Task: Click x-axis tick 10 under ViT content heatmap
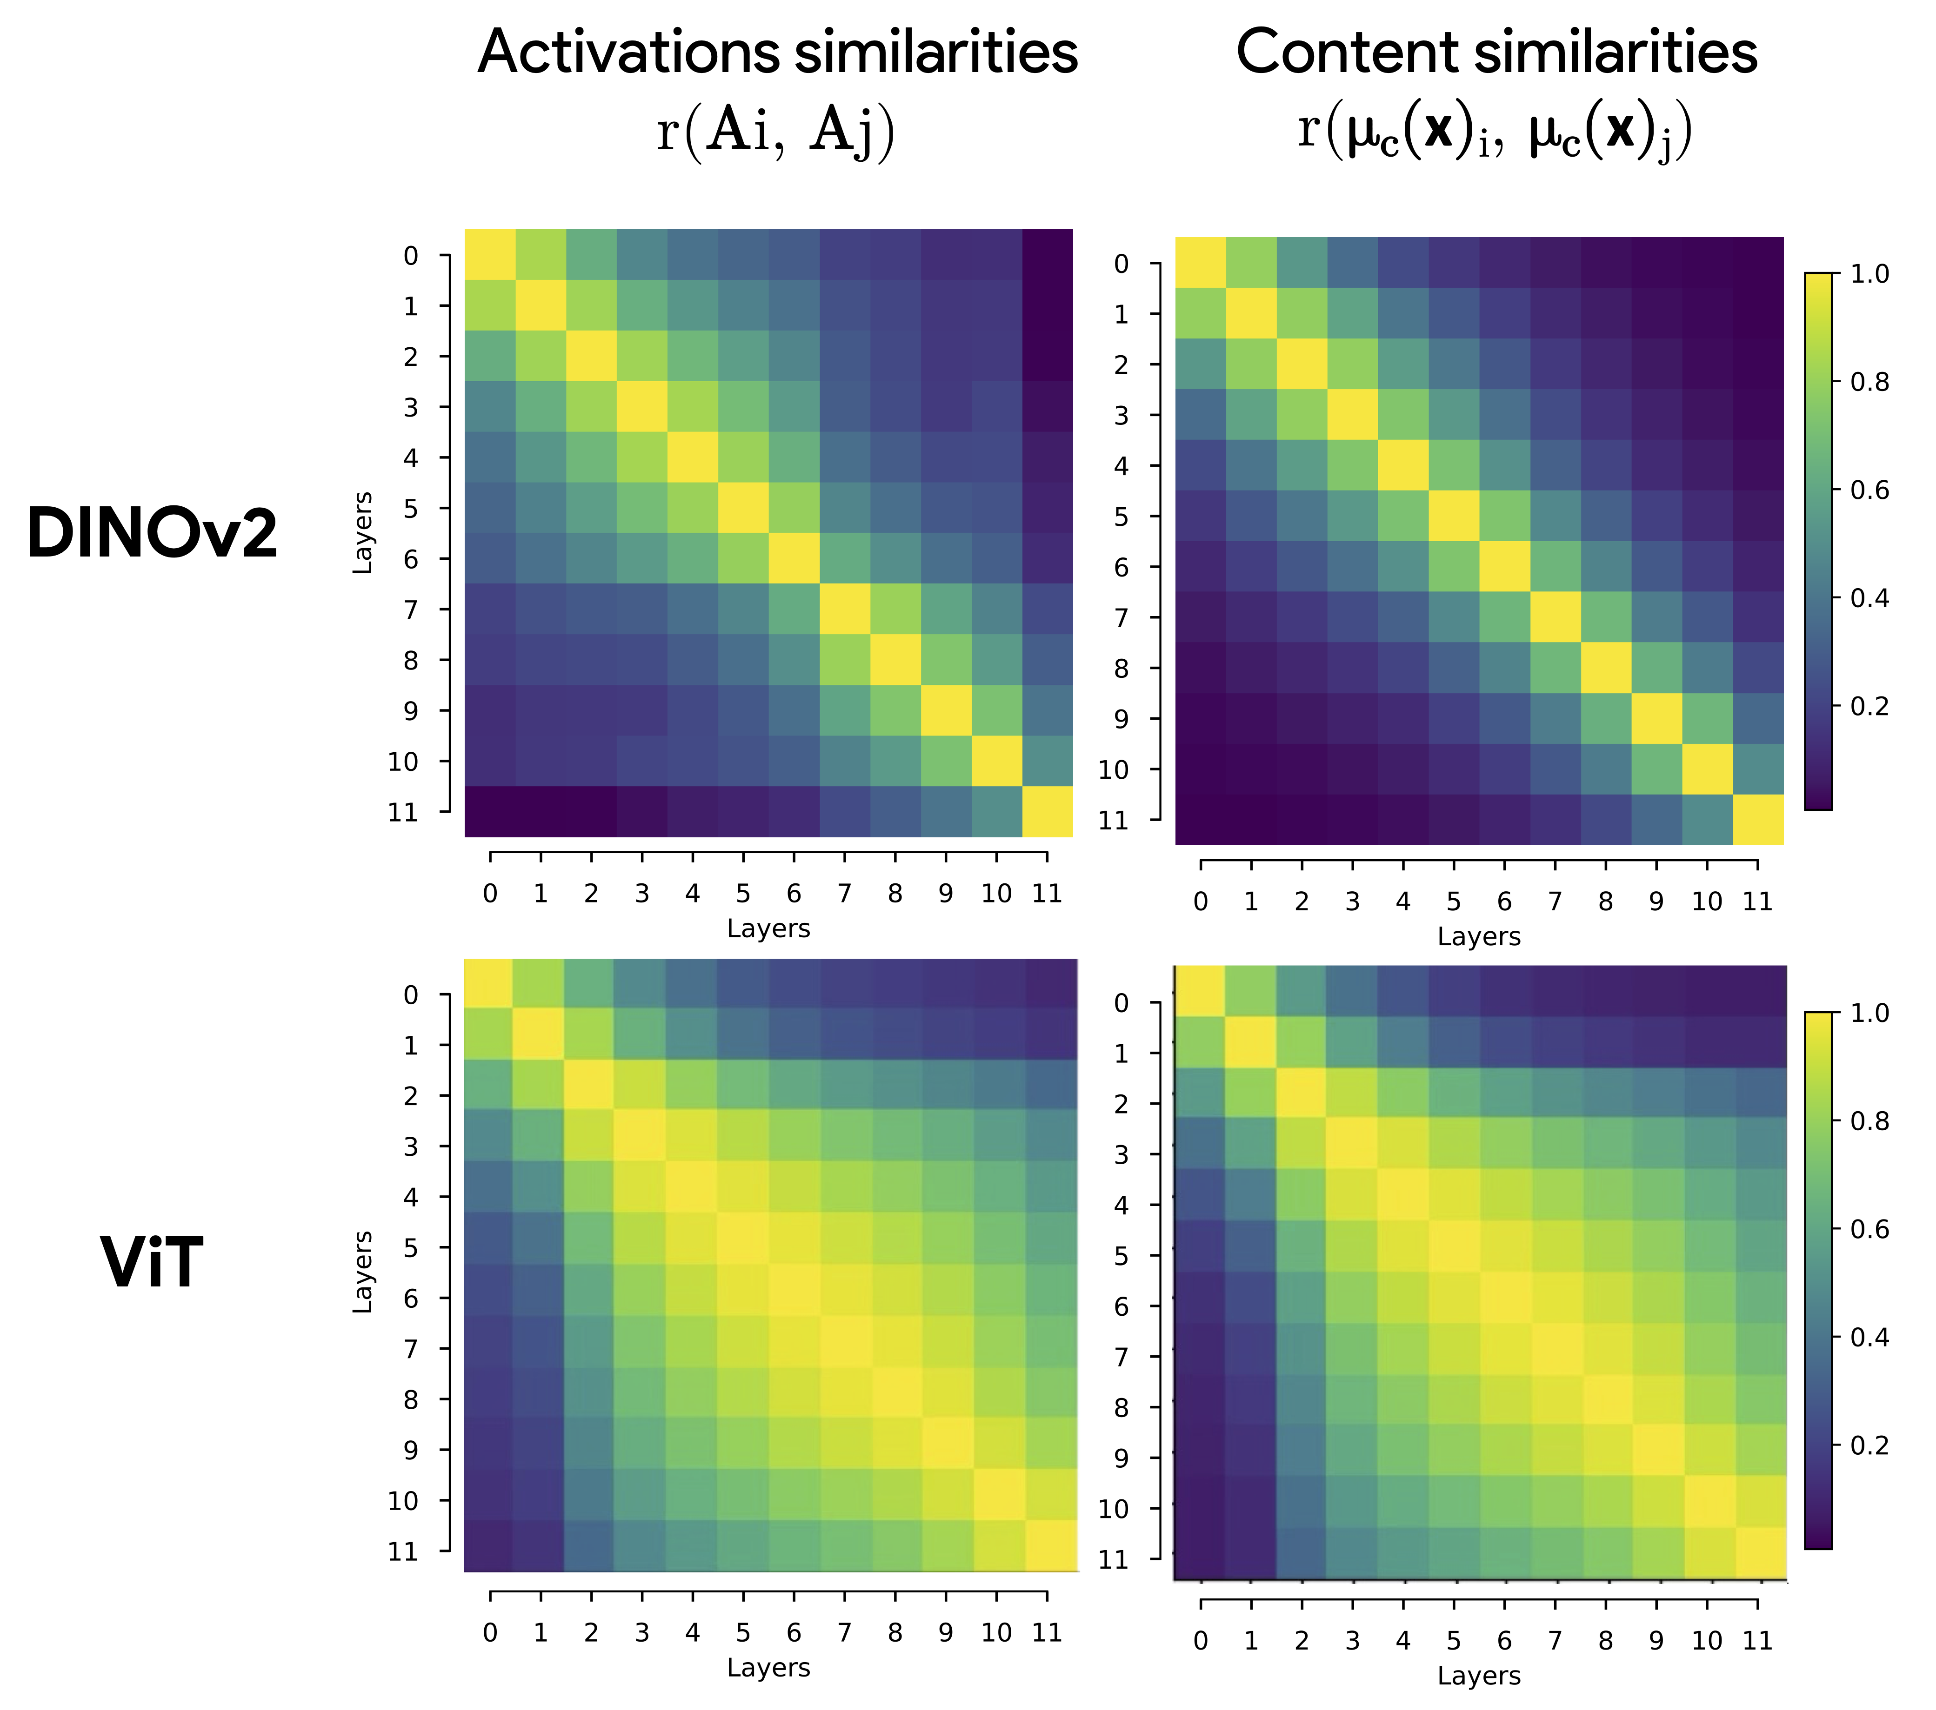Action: [x=1707, y=1641]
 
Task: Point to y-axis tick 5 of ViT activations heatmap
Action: [x=410, y=1248]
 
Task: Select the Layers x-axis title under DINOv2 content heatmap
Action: [x=1479, y=936]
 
